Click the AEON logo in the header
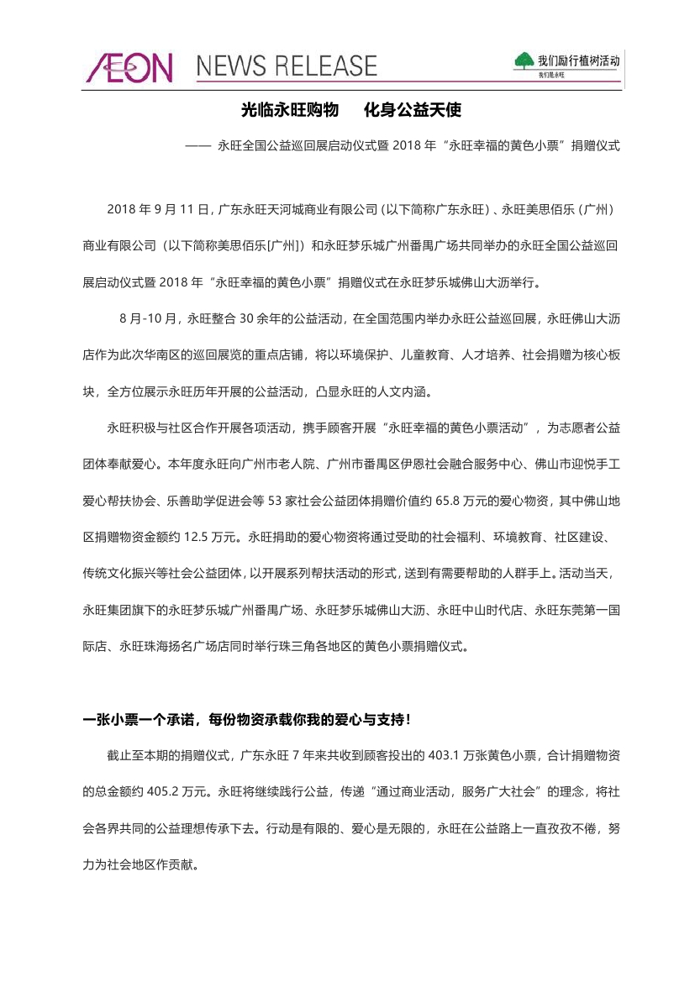click(129, 66)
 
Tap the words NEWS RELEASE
click(287, 66)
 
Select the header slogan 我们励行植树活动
click(579, 61)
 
